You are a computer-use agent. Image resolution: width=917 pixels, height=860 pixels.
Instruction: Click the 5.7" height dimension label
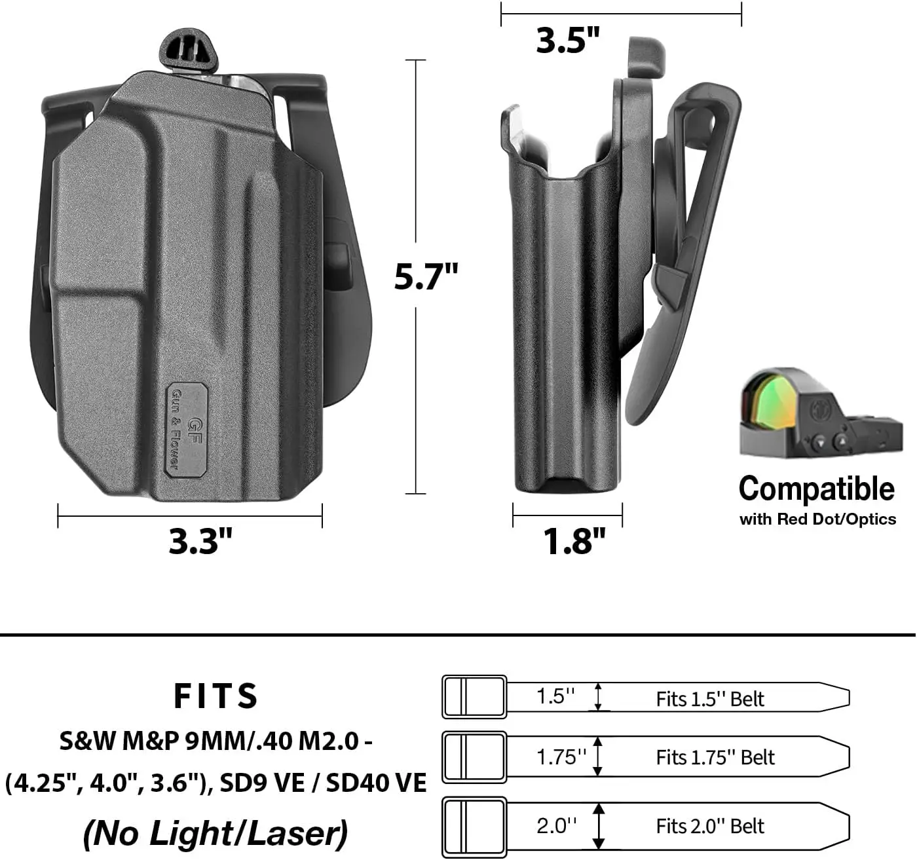click(x=426, y=276)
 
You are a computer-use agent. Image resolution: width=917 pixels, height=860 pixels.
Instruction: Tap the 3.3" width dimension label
click(x=200, y=541)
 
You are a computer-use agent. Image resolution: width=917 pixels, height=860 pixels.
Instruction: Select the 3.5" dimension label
click(x=567, y=40)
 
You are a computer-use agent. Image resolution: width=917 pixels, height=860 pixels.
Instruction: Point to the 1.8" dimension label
click(x=574, y=541)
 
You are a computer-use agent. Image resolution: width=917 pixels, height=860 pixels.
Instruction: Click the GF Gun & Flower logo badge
click(x=187, y=430)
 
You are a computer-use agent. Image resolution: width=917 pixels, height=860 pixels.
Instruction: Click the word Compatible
click(x=817, y=489)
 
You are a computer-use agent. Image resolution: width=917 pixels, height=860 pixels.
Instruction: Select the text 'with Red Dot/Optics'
click(x=817, y=519)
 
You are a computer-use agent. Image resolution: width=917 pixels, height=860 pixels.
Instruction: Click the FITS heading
click(x=215, y=696)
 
